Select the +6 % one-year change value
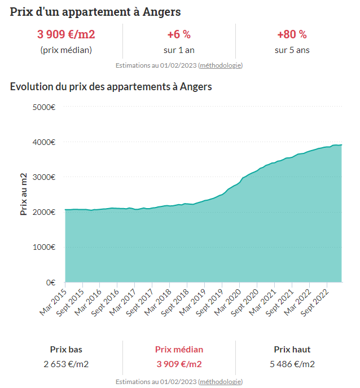(179, 34)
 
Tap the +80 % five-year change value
(292, 34)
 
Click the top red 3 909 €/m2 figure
(66, 34)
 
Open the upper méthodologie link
(220, 65)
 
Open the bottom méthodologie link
(220, 382)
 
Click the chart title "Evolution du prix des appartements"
(111, 87)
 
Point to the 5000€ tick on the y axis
(43, 107)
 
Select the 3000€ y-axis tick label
(43, 177)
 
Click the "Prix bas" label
(66, 350)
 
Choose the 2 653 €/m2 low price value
(66, 364)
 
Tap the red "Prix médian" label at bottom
(179, 350)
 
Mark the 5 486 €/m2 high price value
(292, 364)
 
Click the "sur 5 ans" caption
(292, 50)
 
